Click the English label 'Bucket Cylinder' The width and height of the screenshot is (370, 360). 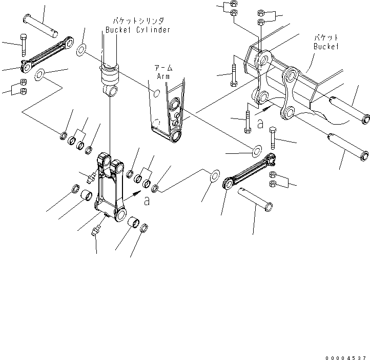[137, 30]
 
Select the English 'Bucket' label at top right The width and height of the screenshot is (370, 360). [326, 46]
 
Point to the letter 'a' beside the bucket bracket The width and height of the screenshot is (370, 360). [260, 123]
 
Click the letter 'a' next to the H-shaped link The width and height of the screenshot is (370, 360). [147, 202]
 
